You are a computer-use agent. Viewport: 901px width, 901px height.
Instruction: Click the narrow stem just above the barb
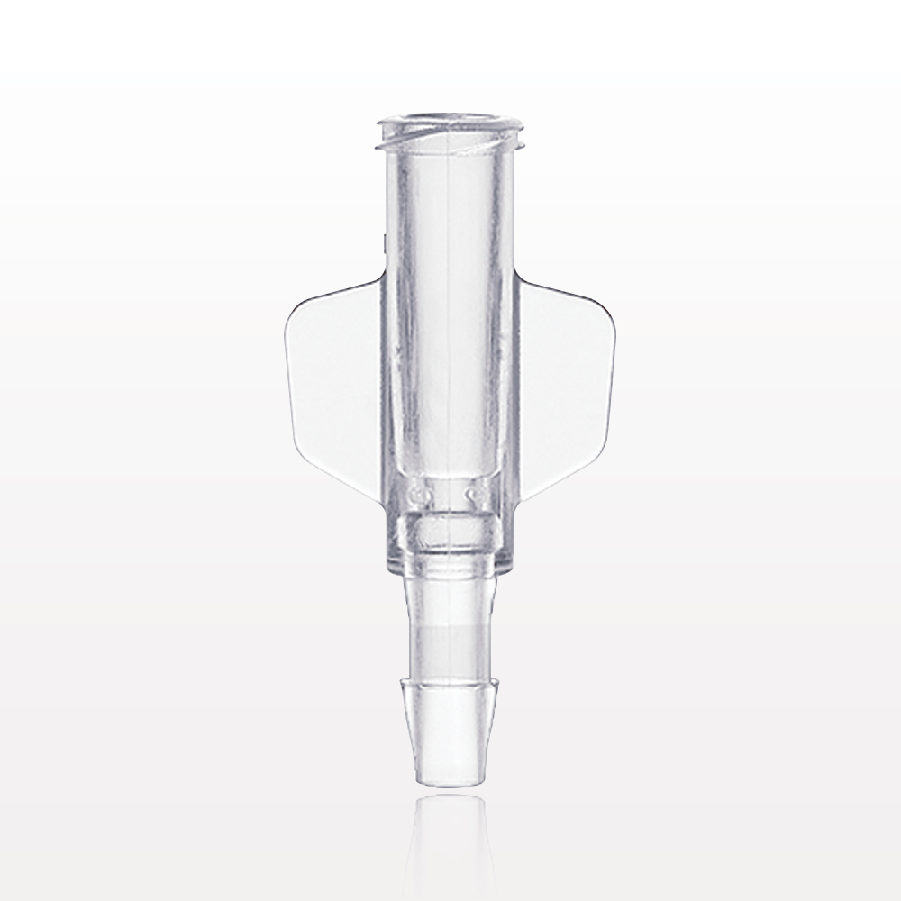click(x=448, y=631)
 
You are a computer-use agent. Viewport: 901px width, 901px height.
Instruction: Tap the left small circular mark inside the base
click(x=415, y=495)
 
